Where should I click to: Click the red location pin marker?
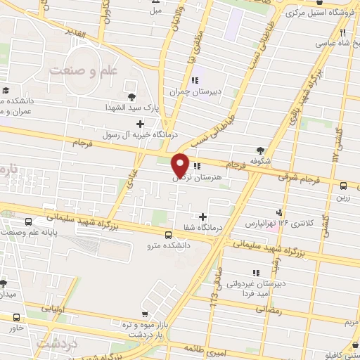click(x=180, y=165)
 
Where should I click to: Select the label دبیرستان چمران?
click(x=185, y=91)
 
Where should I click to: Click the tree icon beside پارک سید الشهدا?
click(x=131, y=97)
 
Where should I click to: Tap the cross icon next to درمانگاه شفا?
click(x=204, y=217)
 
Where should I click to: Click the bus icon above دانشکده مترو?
click(x=167, y=236)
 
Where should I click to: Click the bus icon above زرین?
click(x=344, y=186)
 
